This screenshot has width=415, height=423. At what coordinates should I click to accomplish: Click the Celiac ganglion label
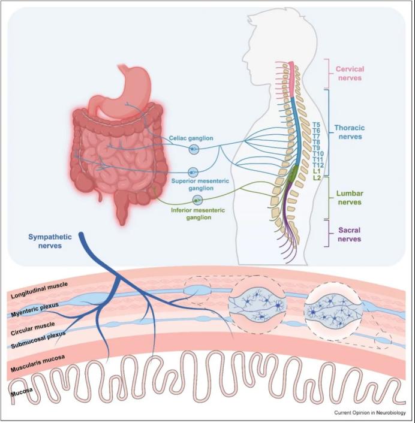191,138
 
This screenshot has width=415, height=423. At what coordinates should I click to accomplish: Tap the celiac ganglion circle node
194,149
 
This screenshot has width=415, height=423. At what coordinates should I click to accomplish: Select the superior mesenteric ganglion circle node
193,172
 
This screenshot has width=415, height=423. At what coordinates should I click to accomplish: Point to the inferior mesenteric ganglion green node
198,200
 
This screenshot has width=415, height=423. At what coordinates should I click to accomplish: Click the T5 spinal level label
316,125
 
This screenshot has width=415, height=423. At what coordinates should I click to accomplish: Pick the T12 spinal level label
318,165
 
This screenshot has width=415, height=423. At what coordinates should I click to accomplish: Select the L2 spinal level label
317,178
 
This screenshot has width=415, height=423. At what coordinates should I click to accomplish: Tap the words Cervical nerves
350,73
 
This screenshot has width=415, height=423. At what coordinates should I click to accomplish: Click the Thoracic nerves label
350,132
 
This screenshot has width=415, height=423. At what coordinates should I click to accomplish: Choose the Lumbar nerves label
350,198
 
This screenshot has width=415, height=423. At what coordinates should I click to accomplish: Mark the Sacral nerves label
350,235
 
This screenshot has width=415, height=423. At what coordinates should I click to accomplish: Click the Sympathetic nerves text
50,241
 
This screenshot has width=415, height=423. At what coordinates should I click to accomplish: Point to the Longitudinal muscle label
39,290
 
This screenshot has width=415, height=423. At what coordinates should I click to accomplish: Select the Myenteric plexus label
35,310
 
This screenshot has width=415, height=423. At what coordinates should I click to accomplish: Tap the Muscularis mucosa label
38,364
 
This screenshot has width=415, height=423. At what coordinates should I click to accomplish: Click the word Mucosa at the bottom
22,392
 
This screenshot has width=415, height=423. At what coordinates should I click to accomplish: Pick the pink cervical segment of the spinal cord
292,79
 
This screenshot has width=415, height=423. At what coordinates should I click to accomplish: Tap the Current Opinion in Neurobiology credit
370,412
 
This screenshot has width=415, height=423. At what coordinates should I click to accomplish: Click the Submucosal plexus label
38,340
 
